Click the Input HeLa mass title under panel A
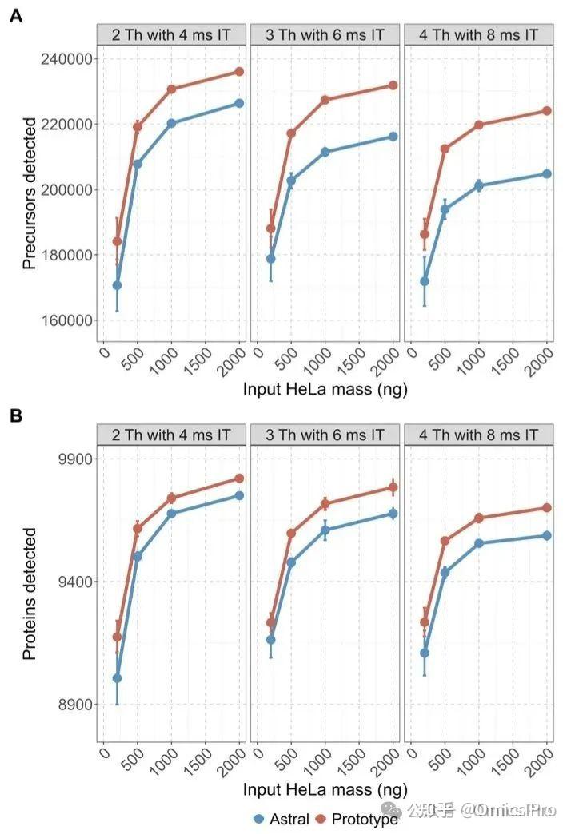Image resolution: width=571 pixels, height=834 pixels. click(x=325, y=390)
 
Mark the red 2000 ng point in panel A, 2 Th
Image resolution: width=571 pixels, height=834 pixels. click(x=239, y=72)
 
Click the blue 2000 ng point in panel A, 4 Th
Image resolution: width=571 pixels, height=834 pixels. click(x=547, y=173)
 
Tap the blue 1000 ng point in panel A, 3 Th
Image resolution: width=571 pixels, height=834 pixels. click(x=325, y=152)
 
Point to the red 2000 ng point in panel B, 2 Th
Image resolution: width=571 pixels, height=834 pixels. click(x=239, y=479)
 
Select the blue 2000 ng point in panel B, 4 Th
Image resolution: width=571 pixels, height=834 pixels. click(x=547, y=535)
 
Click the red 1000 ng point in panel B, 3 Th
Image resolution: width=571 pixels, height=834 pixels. click(x=325, y=503)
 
